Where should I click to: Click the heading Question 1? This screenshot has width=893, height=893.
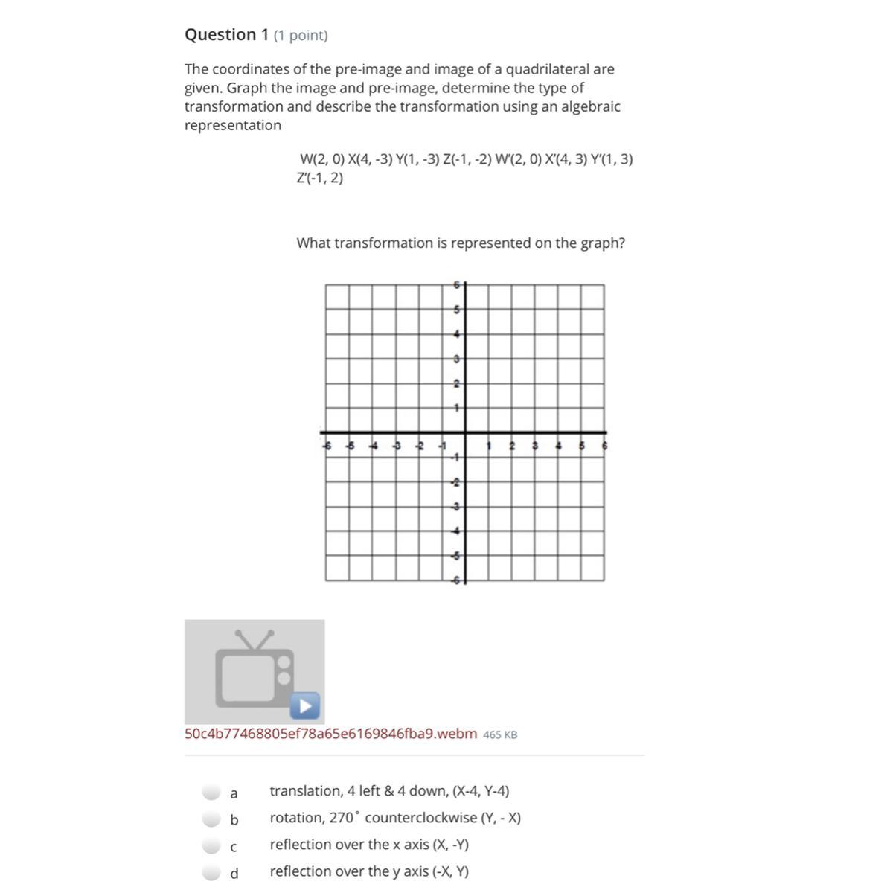[x=226, y=35]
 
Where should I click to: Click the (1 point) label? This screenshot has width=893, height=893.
[x=301, y=36]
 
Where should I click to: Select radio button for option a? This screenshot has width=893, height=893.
[x=212, y=791]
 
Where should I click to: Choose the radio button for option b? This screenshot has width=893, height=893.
[x=212, y=819]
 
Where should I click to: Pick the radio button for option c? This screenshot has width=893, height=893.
[x=212, y=845]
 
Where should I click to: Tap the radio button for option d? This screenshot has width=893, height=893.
[x=212, y=872]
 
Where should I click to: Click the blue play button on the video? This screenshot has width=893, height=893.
[x=304, y=705]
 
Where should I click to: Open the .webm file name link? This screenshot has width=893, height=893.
[x=330, y=734]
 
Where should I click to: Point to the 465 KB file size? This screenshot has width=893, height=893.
[x=500, y=734]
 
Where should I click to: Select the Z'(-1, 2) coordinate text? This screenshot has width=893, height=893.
[x=320, y=178]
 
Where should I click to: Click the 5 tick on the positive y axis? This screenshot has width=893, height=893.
[x=457, y=309]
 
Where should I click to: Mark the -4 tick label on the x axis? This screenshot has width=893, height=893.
[x=374, y=446]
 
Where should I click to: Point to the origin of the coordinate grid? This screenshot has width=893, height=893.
[x=465, y=432]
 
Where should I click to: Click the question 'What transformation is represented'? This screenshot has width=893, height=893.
[x=461, y=243]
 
